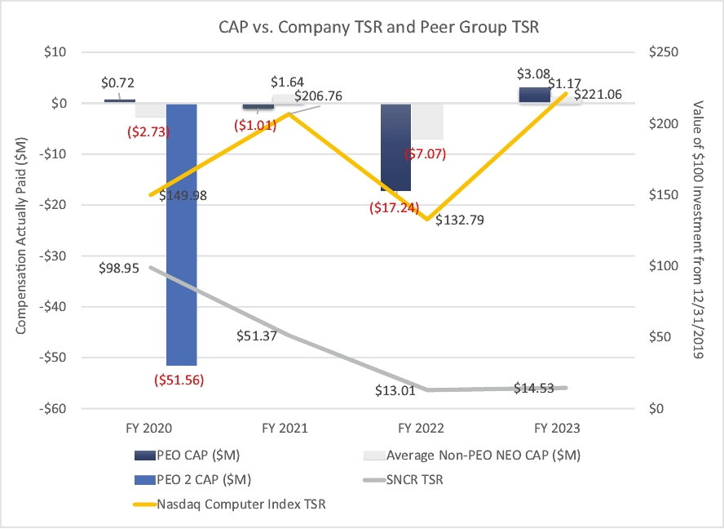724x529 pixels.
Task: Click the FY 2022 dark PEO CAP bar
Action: [x=396, y=147]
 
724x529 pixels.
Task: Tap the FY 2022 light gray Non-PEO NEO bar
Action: [x=427, y=122]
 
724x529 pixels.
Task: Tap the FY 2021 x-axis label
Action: [x=284, y=427]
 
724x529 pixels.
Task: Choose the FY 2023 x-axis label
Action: [x=557, y=427]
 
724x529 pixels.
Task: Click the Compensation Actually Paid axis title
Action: [x=22, y=229]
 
